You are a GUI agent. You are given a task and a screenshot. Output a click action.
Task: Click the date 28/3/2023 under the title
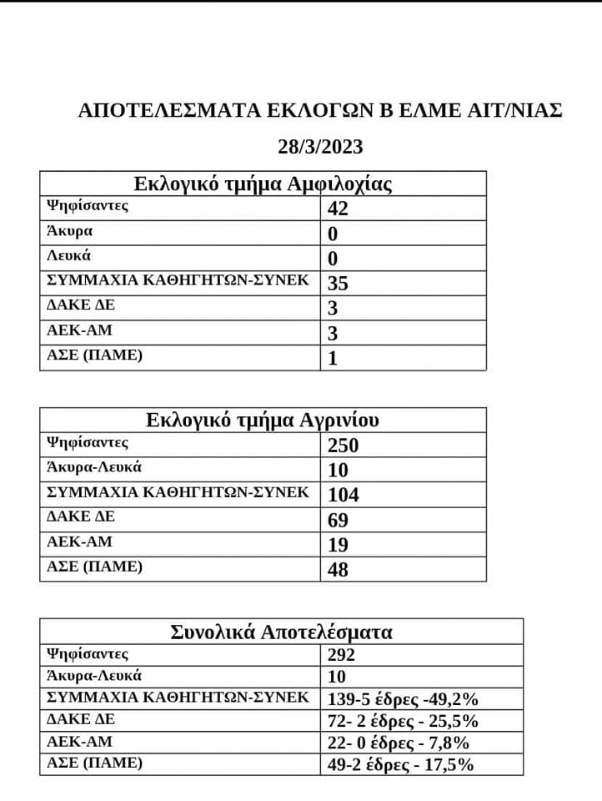coord(320,147)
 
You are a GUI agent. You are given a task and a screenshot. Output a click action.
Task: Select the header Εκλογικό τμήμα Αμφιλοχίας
coord(263,184)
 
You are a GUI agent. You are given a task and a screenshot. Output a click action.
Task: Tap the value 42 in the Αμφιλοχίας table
coord(338,209)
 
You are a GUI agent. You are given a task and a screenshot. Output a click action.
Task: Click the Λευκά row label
coord(69,256)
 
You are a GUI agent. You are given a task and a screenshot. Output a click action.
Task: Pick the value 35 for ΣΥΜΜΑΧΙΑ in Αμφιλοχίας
coord(338,284)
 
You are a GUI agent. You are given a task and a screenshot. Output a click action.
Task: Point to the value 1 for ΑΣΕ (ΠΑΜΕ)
coord(333,359)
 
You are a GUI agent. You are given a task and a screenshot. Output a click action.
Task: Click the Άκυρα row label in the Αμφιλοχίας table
coord(70,231)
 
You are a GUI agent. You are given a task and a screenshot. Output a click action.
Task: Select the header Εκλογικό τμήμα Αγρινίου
coord(263,420)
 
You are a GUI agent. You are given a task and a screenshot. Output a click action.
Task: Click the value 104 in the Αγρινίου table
coord(344,495)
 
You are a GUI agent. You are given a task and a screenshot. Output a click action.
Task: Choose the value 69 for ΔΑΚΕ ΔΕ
coord(338,521)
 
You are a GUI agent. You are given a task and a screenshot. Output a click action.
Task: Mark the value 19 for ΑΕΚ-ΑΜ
coord(338,545)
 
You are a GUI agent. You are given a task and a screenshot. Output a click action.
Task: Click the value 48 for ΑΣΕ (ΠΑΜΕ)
coord(338,570)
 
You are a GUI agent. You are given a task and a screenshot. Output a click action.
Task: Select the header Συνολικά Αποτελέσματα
coord(281,632)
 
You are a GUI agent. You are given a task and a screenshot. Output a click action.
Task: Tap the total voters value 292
coord(342,656)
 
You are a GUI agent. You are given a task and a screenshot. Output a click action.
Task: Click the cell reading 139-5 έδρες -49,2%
coord(404,698)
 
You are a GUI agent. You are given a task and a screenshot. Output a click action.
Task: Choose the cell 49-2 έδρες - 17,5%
coord(402,763)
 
